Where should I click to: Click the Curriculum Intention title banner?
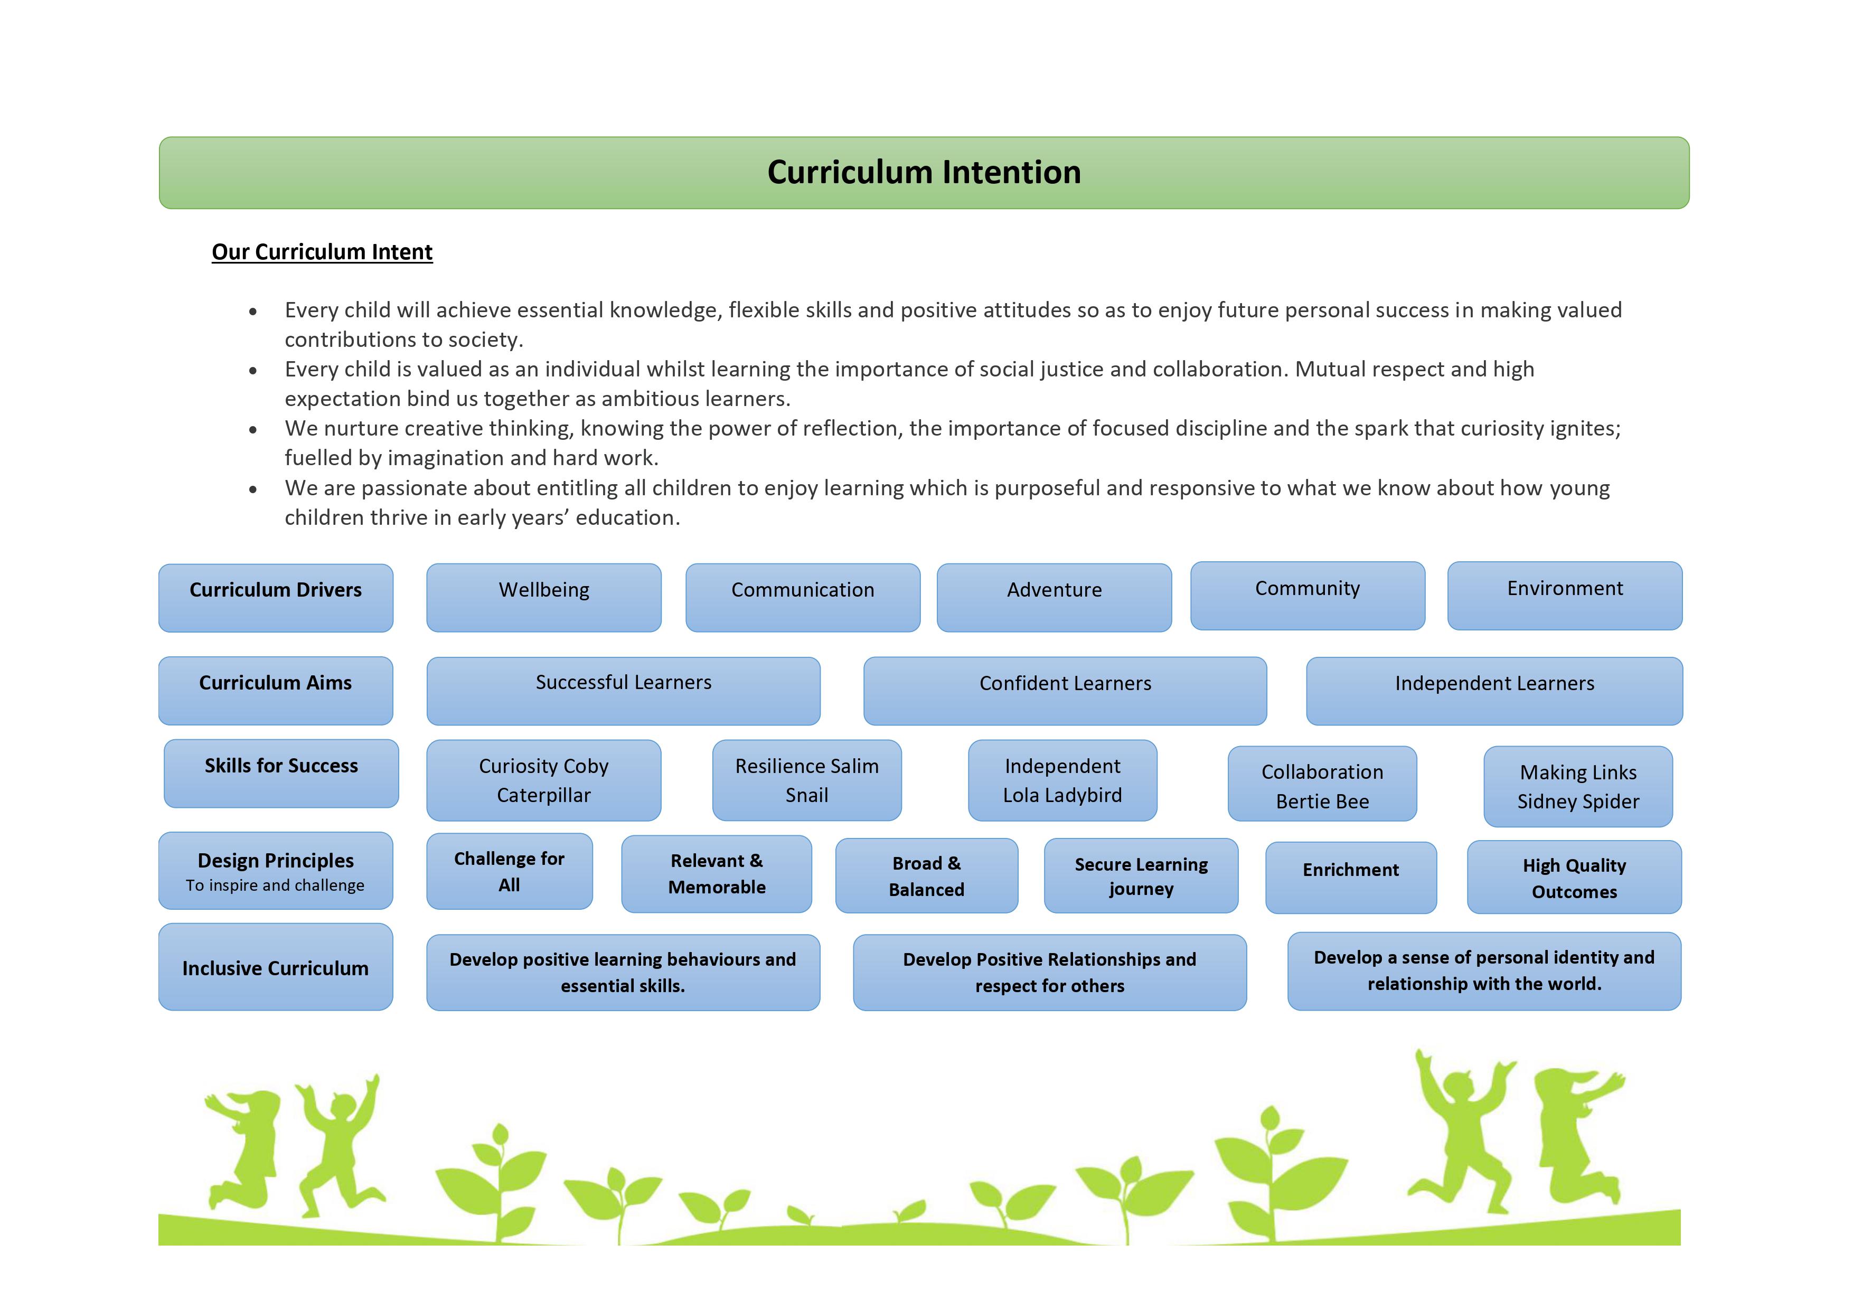tap(924, 173)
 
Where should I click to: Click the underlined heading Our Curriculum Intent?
tap(322, 252)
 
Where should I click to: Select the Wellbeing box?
tap(544, 597)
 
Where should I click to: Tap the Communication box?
tap(803, 597)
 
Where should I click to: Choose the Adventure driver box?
tap(1054, 597)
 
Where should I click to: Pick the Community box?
tap(1308, 596)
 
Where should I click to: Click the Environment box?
tap(1565, 596)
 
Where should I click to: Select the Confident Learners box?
tap(1065, 691)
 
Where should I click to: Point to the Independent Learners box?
tap(1494, 691)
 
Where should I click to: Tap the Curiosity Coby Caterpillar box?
tap(544, 780)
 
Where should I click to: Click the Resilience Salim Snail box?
tap(807, 780)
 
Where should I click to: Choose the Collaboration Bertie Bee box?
tap(1322, 784)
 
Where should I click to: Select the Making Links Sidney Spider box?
tap(1578, 786)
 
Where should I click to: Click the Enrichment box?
tap(1351, 878)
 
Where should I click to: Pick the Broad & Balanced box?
tap(926, 876)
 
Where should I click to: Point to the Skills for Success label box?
tap(281, 773)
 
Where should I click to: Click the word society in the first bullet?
tap(483, 341)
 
